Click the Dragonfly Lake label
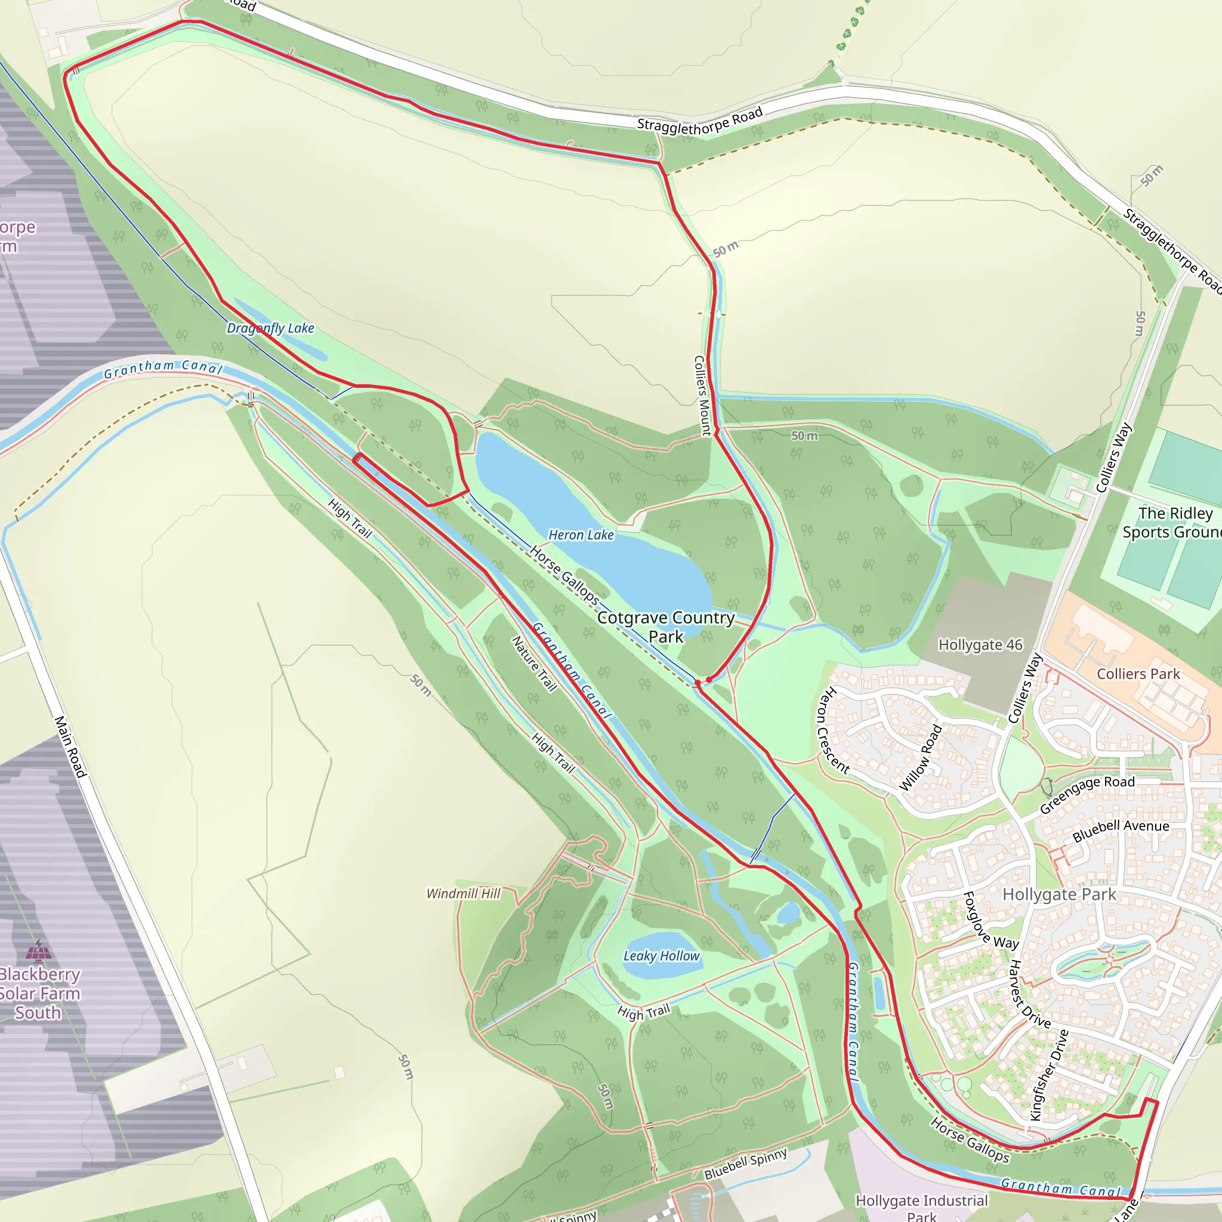270,328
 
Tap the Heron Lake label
581,535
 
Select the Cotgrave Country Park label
665,627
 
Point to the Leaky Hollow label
662,956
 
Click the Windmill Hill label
463,894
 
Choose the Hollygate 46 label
980,645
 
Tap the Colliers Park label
1138,674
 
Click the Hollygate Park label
1059,894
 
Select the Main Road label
70,746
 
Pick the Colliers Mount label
702,396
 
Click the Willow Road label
921,758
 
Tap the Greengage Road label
1087,794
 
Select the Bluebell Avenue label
1121,830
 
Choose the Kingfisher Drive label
1050,1075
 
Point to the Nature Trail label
535,664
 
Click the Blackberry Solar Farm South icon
39,951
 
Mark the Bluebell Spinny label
746,1164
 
